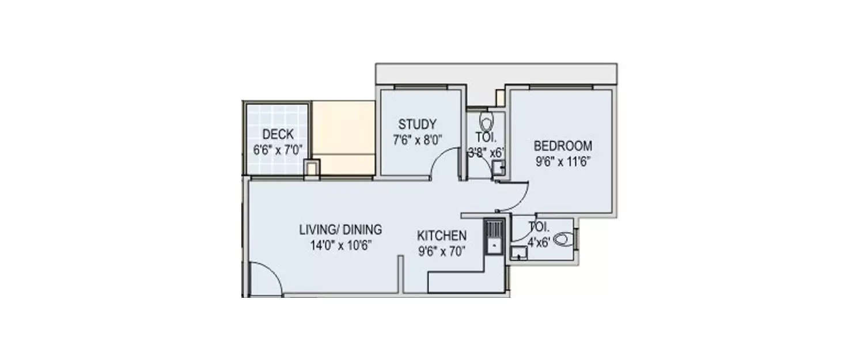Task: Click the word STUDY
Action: point(417,124)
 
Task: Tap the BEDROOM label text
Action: point(562,145)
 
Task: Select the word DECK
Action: point(278,135)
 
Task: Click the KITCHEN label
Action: point(442,236)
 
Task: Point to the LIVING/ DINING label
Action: point(340,230)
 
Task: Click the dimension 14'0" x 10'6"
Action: point(340,245)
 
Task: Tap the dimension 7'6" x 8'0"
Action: point(417,139)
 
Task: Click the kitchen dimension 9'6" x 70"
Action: point(442,251)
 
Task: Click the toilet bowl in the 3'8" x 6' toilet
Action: point(487,122)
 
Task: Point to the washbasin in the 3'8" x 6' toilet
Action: point(498,168)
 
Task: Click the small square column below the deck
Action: point(311,169)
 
